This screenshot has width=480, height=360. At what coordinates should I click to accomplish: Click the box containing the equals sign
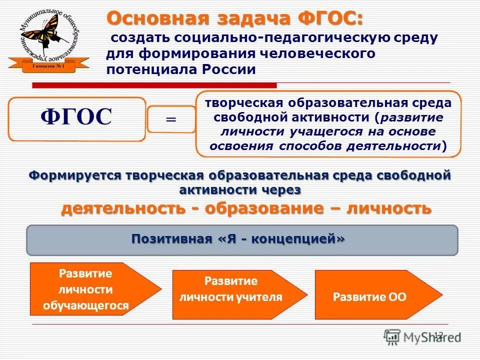(171, 119)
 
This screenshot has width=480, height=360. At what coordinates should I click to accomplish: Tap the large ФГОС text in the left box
(76, 117)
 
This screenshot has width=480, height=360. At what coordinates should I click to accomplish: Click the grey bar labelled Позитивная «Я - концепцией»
(241, 239)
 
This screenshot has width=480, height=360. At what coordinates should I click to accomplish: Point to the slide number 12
(438, 334)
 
